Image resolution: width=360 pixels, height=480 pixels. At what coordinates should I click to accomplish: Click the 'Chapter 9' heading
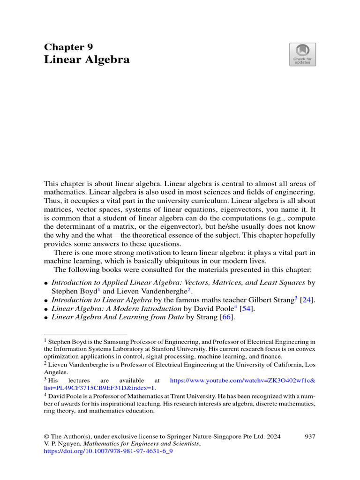tap(68, 46)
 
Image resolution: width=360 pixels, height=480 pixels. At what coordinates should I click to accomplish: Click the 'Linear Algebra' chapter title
tap(87, 60)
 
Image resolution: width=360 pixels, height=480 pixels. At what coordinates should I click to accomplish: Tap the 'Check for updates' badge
tap(302, 54)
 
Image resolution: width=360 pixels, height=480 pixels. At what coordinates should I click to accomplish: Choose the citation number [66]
tap(226, 318)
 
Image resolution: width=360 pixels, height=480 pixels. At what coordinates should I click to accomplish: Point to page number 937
tap(309, 436)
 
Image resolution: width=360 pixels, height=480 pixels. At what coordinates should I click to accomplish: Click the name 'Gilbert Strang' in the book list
tap(270, 300)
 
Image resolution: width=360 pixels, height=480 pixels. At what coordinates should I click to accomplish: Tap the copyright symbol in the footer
tap(46, 436)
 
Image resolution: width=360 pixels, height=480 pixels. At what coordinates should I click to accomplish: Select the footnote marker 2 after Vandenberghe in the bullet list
tap(189, 289)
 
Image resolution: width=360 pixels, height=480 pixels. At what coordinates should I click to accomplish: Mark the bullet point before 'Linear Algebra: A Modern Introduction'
tap(46, 309)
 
